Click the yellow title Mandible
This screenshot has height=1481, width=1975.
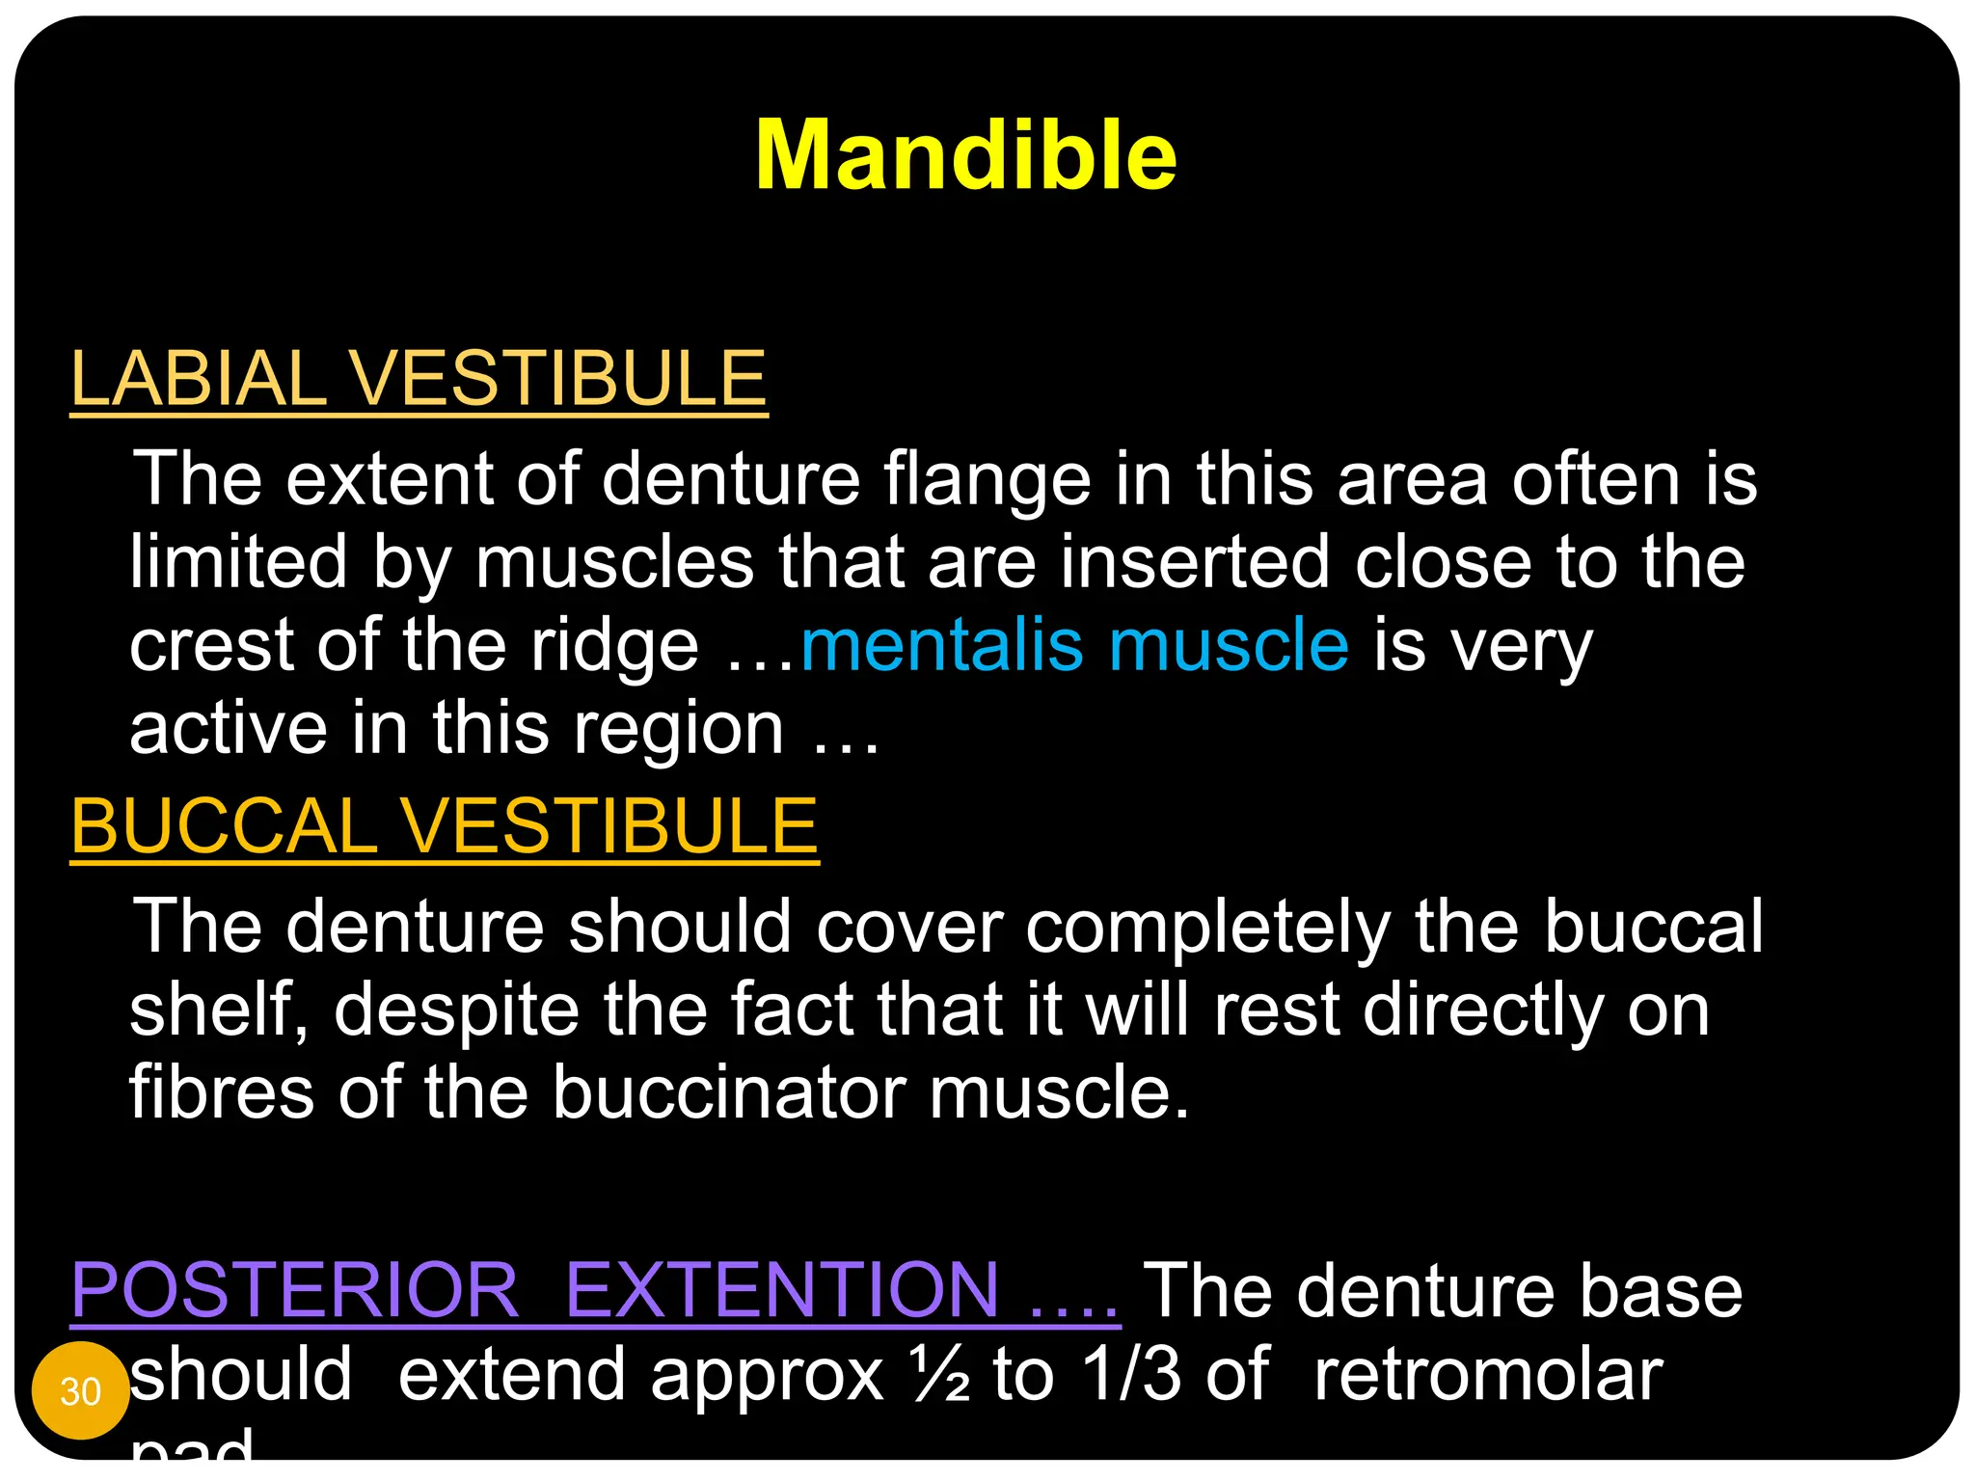click(965, 156)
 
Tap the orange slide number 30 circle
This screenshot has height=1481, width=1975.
click(80, 1390)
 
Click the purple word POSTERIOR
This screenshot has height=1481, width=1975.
click(295, 1290)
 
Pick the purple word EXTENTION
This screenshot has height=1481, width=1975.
click(782, 1290)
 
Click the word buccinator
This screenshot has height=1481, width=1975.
click(728, 1093)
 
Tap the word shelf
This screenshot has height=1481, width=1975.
click(217, 1010)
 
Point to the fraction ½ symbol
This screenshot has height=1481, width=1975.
click(939, 1374)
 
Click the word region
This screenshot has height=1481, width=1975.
click(679, 731)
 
